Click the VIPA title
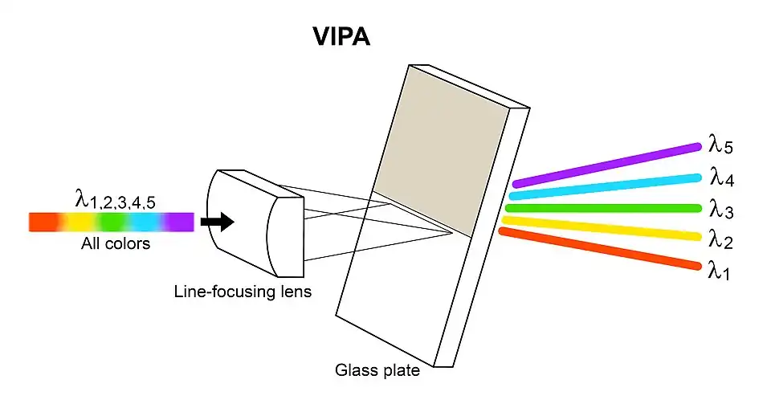pos(341,38)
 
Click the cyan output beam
pos(606,186)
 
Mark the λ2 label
pos(720,238)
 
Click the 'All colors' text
pos(115,243)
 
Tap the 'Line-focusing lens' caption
pos(243,291)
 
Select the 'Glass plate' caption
pos(377,370)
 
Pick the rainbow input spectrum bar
pos(111,222)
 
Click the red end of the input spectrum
pos(40,222)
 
